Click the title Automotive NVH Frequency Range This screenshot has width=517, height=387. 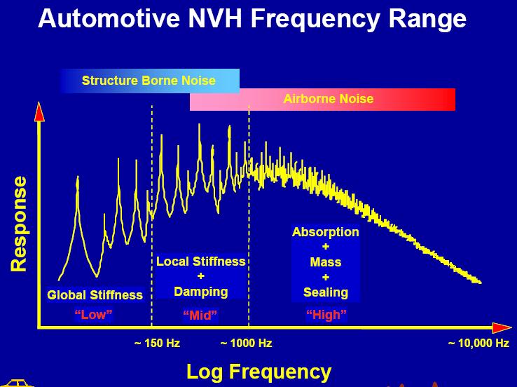click(x=252, y=19)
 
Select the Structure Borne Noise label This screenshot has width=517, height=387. click(x=149, y=81)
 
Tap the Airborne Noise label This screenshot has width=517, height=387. click(x=329, y=99)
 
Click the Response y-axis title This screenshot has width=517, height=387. click(x=19, y=224)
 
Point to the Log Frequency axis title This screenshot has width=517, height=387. click(x=258, y=372)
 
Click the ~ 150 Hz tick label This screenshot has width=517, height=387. click(x=158, y=344)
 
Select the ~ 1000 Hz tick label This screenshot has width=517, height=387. click(x=246, y=344)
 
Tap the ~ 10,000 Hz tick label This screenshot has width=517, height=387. click(x=478, y=344)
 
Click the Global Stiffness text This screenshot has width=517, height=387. click(x=95, y=295)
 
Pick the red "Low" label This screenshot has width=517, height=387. click(x=94, y=314)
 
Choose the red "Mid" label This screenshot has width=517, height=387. click(x=201, y=315)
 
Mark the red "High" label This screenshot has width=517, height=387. click(x=326, y=314)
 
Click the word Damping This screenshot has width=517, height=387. click(x=201, y=292)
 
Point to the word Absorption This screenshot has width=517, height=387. click(x=326, y=232)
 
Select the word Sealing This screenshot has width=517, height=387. click(x=326, y=292)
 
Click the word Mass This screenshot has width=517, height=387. click(x=326, y=262)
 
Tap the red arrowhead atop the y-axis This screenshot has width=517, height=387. click(x=39, y=112)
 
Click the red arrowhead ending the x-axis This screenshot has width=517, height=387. click(x=502, y=328)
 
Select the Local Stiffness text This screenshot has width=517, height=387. click(x=201, y=262)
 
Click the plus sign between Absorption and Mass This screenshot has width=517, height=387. click(x=326, y=247)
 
